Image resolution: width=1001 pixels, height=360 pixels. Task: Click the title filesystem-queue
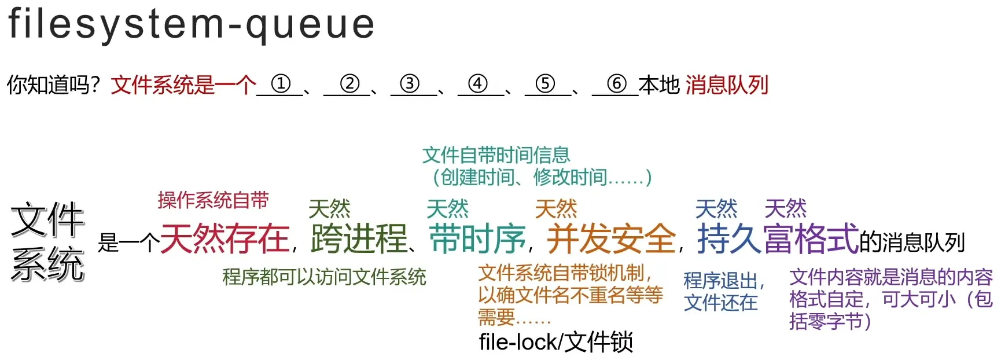[x=192, y=24]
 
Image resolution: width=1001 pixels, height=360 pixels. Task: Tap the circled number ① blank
[x=281, y=85]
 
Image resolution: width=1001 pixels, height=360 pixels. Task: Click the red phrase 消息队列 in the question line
[x=727, y=85]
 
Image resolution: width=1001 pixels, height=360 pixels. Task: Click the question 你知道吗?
[x=53, y=85]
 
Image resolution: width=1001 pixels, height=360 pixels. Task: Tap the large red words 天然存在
[x=225, y=238]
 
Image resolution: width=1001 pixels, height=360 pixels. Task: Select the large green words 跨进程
[x=359, y=238]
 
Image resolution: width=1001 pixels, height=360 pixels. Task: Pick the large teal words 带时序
[x=477, y=238]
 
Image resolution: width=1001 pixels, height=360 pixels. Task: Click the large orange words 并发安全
[x=611, y=238]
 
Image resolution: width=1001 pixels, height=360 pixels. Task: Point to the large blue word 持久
[x=730, y=238]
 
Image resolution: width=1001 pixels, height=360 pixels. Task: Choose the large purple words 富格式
[x=811, y=238]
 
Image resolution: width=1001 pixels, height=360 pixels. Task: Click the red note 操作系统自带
[x=214, y=200]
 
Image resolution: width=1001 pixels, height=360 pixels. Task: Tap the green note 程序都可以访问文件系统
[x=325, y=277]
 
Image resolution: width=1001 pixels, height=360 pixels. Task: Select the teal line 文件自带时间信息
[x=496, y=155]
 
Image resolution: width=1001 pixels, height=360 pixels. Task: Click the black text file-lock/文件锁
[x=556, y=343]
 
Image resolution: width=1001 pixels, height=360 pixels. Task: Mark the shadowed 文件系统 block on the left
[x=48, y=242]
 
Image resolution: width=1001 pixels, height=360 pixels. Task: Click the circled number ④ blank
[x=477, y=85]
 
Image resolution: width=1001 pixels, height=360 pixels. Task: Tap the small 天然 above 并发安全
[x=556, y=209]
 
